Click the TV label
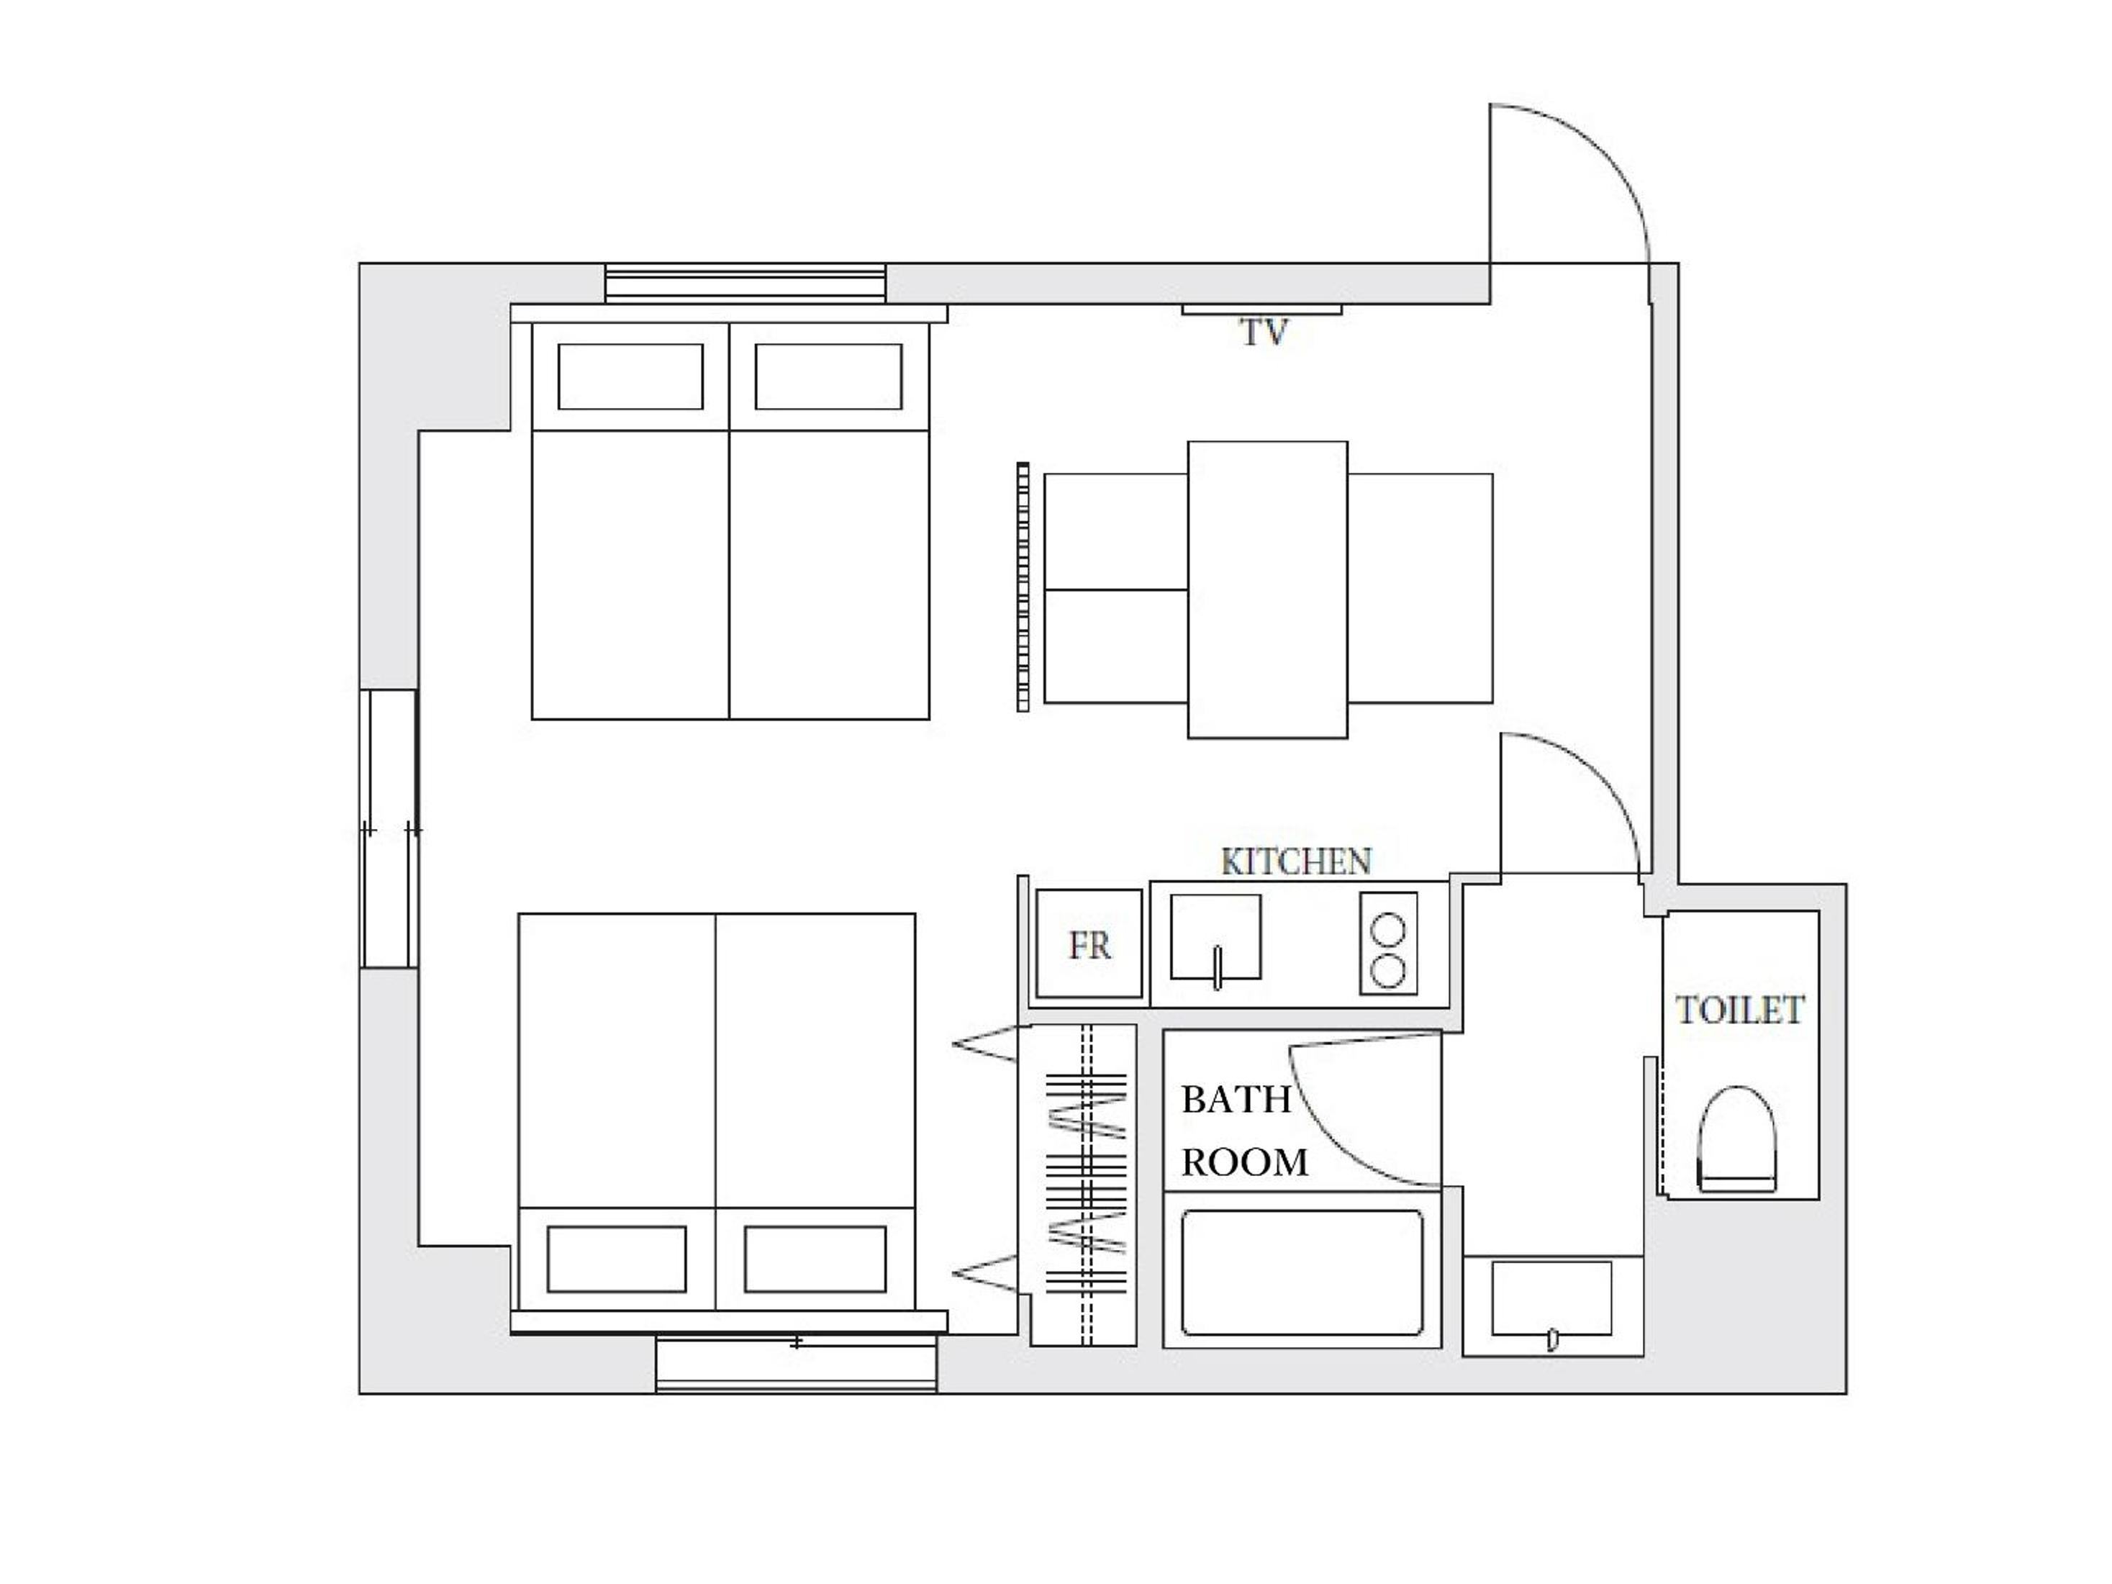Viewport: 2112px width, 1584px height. (1264, 332)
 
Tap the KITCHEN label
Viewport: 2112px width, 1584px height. (1296, 861)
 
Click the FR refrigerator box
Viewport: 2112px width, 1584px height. (1089, 944)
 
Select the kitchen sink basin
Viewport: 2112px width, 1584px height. (1215, 936)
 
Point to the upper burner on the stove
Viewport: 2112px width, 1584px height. (1388, 929)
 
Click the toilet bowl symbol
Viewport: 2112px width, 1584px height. (1737, 1139)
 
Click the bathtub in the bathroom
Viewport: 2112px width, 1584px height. (1302, 1272)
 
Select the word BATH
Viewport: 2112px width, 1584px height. (1236, 1100)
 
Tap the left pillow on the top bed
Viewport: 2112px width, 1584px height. (630, 376)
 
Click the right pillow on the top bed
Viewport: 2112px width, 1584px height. (828, 376)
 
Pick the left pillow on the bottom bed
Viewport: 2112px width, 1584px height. (617, 1259)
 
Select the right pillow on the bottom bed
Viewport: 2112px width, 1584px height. (815, 1259)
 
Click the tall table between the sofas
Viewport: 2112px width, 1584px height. (1267, 589)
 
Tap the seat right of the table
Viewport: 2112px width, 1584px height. (1420, 588)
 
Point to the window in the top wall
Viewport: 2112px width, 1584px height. (745, 284)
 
